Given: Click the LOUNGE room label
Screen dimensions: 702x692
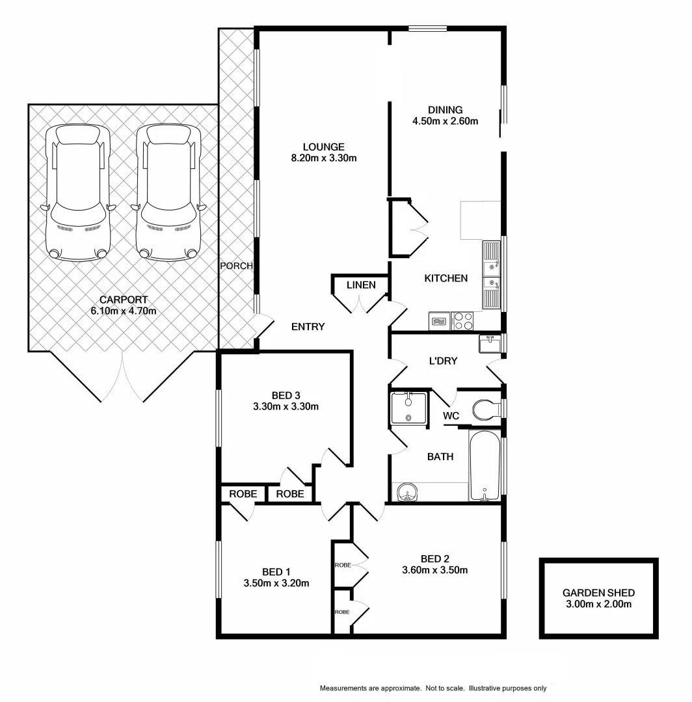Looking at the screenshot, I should coord(323,147).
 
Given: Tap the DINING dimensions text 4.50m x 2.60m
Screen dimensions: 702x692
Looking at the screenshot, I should coord(445,121).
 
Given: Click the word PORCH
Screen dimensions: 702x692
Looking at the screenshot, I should coord(235,266).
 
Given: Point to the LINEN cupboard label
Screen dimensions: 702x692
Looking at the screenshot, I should coord(360,285).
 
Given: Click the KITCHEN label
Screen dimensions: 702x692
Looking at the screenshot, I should coord(446,278).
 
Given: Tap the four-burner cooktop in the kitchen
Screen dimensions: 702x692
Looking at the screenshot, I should coord(462,321).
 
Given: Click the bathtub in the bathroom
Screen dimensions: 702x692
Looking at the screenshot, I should coord(485,465).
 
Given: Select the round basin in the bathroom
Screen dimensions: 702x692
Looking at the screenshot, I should coord(407,493).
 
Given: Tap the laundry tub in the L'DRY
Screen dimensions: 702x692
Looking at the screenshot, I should coord(489,343).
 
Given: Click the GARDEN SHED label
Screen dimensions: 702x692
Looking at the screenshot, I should coord(598,593).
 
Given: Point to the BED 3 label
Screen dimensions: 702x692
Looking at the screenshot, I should coord(286,395).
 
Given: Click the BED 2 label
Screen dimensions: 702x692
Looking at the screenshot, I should coord(435,558).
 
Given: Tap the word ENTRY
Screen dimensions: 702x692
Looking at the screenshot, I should coord(308,327).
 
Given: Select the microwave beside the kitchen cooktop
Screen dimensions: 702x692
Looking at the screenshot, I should coord(440,321).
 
